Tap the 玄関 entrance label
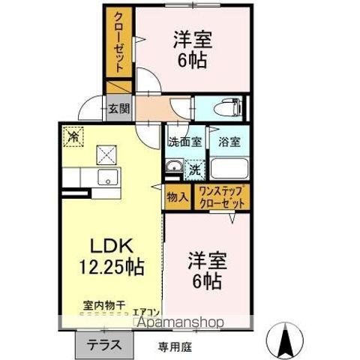(118, 108)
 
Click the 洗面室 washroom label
(184, 140)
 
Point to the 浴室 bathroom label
(228, 140)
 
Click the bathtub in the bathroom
(229, 167)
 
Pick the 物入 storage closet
(177, 196)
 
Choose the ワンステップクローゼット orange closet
(223, 196)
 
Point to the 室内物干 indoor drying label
(104, 306)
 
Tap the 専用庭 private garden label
(174, 346)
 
